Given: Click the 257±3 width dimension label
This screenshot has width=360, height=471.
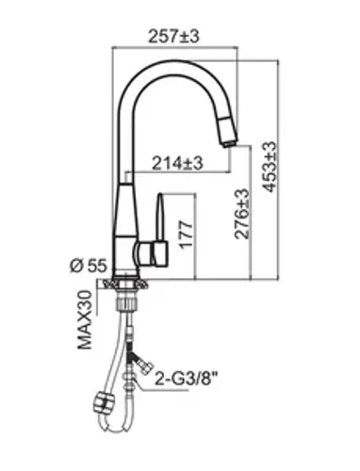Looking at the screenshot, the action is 173,37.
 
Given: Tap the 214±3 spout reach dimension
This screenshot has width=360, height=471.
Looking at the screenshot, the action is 177,163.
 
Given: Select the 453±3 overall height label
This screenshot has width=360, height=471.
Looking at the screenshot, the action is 270,167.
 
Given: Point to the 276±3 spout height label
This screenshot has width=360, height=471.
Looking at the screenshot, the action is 242,214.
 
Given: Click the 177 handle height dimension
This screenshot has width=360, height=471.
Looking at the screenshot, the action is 186,235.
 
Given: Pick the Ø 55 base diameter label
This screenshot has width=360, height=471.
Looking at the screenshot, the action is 89,266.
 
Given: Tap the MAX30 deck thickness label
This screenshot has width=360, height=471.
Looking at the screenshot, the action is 85,319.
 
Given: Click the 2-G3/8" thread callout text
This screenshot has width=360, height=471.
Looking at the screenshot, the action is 186,380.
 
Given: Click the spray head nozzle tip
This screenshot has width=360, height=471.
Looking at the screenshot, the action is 229,144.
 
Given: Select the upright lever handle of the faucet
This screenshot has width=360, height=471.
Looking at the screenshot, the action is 160,218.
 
